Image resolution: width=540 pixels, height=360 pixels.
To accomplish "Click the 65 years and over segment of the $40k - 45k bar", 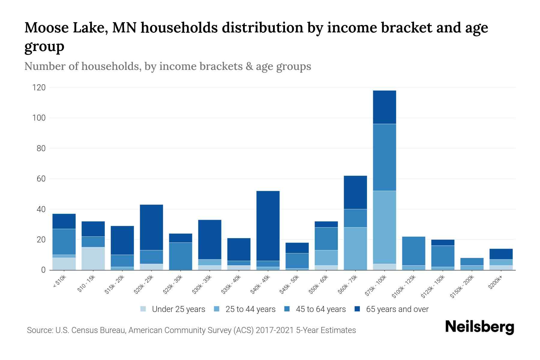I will pyautogui.click(x=268, y=226).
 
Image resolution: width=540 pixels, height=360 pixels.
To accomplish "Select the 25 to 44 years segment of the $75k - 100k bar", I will pyautogui.click(x=384, y=227).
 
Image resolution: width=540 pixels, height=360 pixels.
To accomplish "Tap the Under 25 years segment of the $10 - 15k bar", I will pyautogui.click(x=93, y=258).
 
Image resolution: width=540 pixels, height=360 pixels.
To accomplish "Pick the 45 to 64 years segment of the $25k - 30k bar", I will pyautogui.click(x=181, y=256).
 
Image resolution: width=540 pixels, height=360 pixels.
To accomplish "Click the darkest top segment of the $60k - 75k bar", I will pyautogui.click(x=355, y=192).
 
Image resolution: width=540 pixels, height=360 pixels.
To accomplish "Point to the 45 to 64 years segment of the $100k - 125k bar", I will pyautogui.click(x=413, y=251).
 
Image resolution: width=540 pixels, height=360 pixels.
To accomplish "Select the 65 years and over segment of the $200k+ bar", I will pyautogui.click(x=501, y=254).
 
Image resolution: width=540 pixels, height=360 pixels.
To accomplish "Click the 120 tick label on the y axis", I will pyautogui.click(x=39, y=88).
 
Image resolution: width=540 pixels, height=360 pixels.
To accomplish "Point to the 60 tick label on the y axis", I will pyautogui.click(x=41, y=179).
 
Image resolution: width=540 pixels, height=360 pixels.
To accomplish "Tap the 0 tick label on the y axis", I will pyautogui.click(x=43, y=270).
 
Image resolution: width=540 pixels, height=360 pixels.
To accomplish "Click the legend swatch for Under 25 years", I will pyautogui.click(x=143, y=309).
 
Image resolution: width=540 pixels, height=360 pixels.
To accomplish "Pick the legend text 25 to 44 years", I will pyautogui.click(x=250, y=309).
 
